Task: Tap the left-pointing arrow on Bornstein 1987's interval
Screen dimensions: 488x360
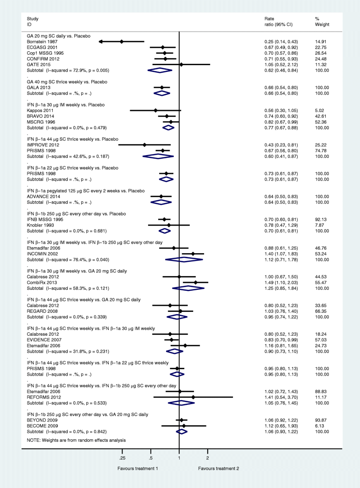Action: tap(101, 41)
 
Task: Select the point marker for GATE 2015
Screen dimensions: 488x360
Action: tap(181, 65)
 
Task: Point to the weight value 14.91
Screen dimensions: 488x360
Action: tap(321, 41)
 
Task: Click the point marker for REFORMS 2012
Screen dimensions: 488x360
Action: tap(193, 396)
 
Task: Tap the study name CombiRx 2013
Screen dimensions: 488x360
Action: tap(39, 283)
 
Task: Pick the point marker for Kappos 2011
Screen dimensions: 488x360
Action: tap(155, 110)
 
